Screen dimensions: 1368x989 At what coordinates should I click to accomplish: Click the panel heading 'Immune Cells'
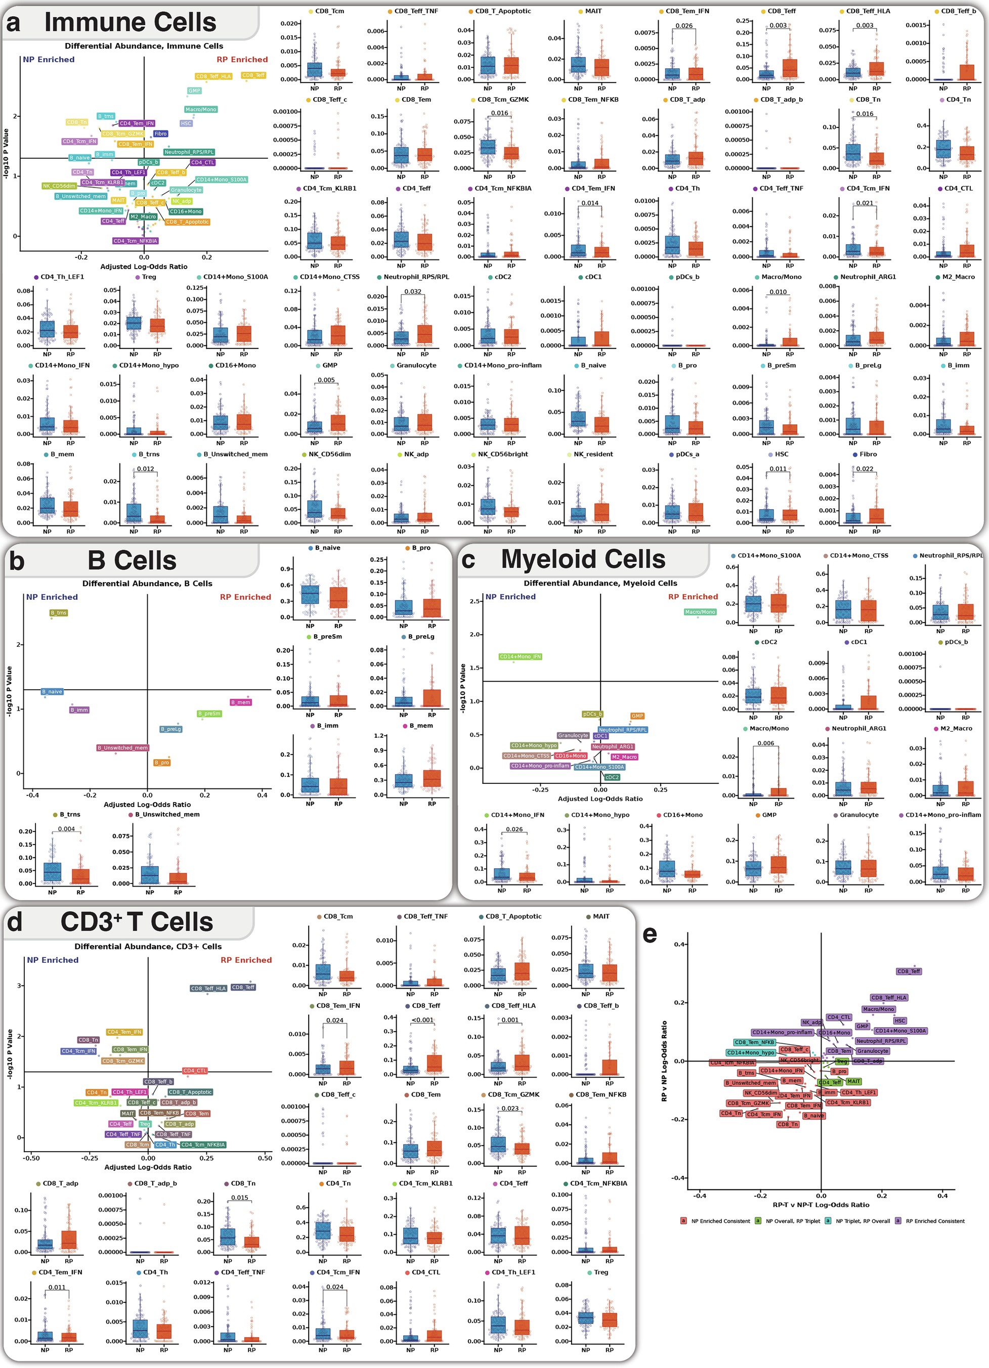[x=130, y=22]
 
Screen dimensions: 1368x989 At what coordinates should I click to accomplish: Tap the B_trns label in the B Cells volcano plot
[x=59, y=613]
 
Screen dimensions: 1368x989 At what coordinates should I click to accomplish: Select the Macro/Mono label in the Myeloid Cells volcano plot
[x=700, y=612]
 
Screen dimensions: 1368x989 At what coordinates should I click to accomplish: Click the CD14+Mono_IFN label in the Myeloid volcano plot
[x=520, y=657]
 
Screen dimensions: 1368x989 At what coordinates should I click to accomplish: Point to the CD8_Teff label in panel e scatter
[x=909, y=971]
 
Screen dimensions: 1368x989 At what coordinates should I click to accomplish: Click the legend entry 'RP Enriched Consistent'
[x=935, y=1221]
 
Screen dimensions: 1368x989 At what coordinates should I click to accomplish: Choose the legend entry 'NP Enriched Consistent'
[x=720, y=1221]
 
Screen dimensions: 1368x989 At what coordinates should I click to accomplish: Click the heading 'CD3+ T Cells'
[x=137, y=922]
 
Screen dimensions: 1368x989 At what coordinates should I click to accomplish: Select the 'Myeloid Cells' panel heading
[x=583, y=559]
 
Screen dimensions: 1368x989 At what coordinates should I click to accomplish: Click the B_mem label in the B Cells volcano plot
[x=241, y=702]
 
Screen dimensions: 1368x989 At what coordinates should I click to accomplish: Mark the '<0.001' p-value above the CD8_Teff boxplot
[x=422, y=1020]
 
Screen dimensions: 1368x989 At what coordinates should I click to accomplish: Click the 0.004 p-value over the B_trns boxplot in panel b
[x=66, y=829]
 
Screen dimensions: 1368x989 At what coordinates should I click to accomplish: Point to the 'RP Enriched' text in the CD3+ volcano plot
[x=245, y=960]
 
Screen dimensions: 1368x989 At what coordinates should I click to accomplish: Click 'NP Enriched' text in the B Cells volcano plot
[x=52, y=597]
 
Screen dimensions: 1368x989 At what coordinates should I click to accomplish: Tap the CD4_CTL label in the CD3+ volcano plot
[x=195, y=1071]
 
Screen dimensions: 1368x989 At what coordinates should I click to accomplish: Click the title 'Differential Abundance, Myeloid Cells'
[x=600, y=583]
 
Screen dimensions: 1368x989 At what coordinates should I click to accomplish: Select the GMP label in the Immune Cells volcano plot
[x=194, y=91]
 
